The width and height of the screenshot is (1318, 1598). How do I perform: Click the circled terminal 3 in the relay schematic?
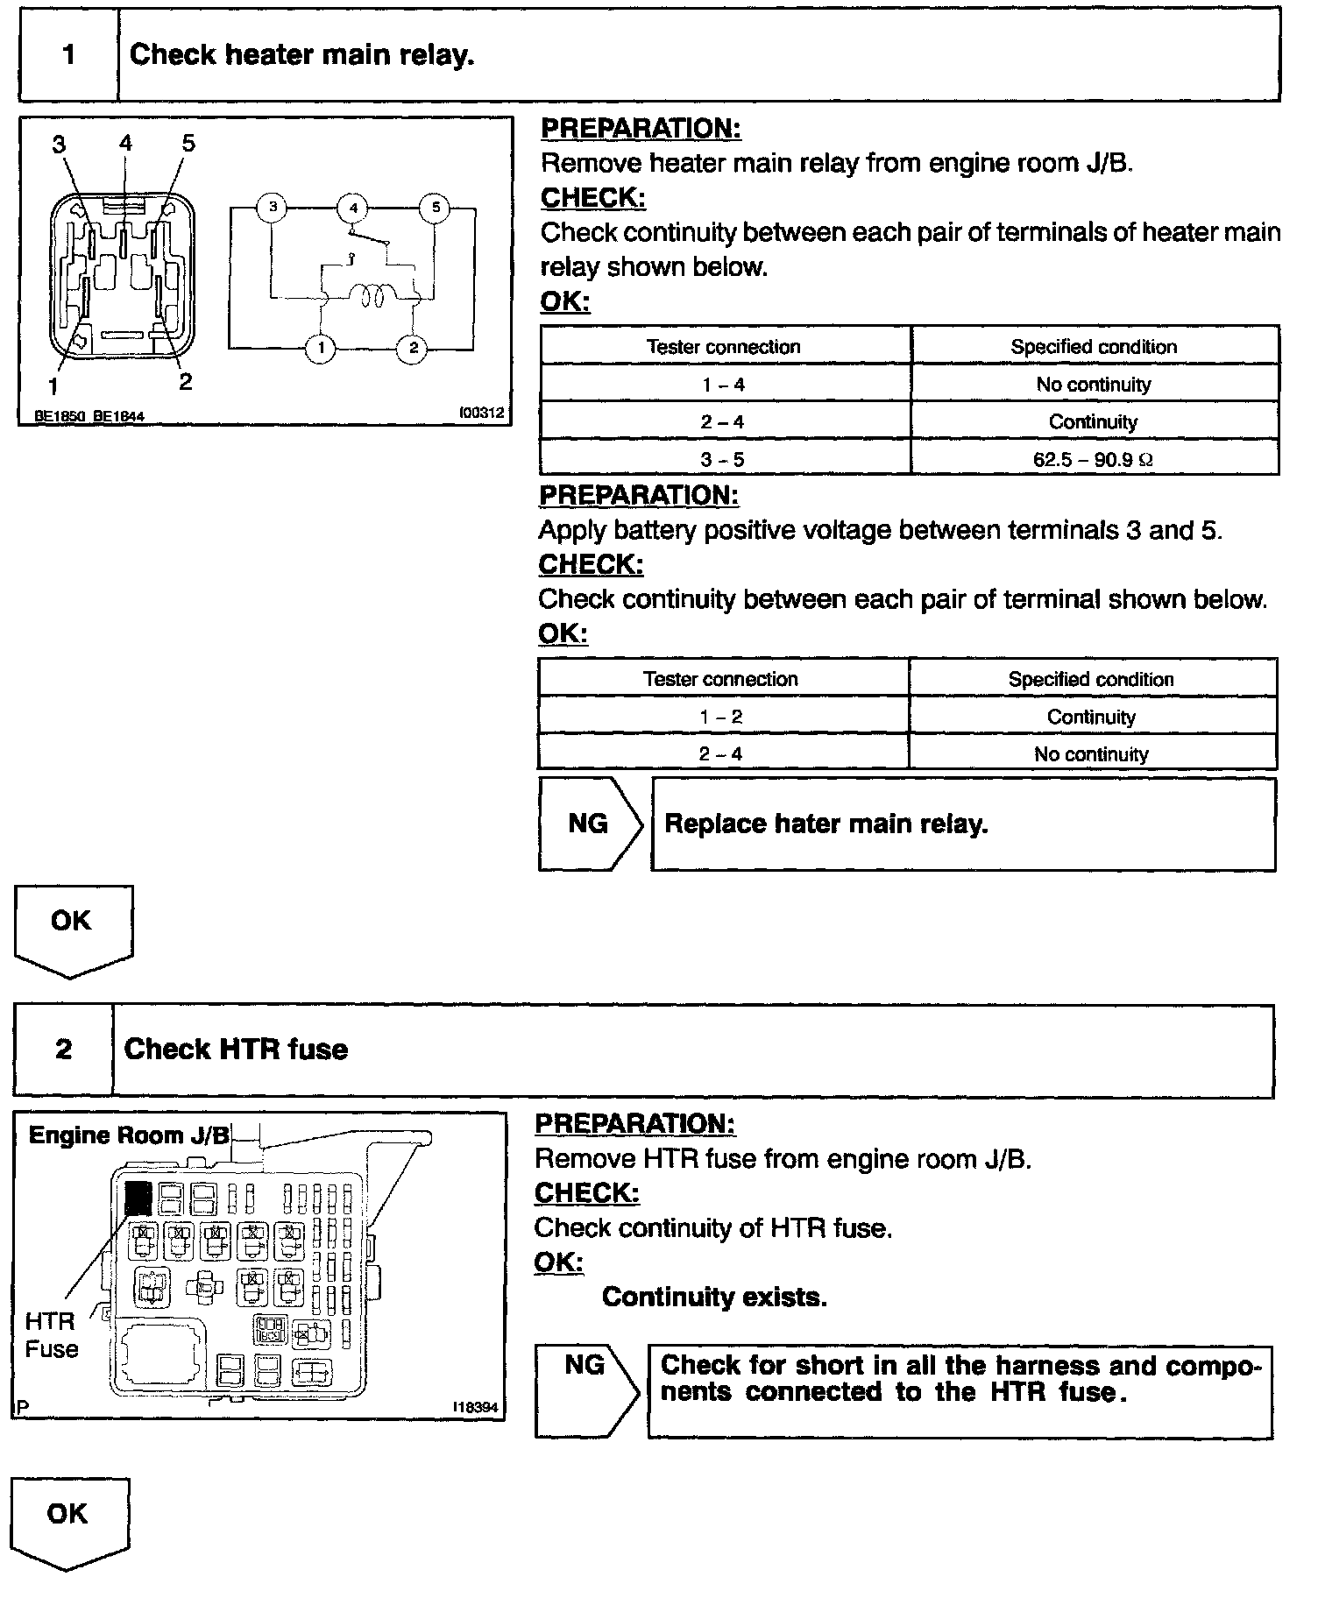273,208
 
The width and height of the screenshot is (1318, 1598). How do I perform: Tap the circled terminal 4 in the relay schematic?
353,208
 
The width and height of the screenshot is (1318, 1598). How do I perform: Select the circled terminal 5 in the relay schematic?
435,208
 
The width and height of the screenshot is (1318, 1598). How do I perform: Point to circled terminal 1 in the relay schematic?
321,349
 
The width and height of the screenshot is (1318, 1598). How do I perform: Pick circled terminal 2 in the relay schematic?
413,349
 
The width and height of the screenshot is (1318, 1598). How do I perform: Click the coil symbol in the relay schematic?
368,297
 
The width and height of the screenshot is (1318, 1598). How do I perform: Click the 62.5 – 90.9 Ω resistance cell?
1094,459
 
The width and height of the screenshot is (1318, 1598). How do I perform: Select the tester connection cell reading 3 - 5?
724,459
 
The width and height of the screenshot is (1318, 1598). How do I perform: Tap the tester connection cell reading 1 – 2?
721,717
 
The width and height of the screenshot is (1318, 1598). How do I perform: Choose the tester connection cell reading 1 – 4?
724,385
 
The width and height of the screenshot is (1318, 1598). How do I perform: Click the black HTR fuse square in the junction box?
138,1197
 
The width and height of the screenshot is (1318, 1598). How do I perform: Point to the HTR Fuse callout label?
51,1335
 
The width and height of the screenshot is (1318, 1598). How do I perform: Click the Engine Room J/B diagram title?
129,1135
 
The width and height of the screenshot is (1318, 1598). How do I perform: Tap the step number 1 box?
68,55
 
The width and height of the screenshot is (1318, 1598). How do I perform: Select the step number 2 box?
64,1050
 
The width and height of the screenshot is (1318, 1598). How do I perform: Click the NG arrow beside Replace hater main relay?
590,824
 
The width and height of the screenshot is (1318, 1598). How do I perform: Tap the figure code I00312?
482,413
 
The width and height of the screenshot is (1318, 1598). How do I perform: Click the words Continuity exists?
714,1297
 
